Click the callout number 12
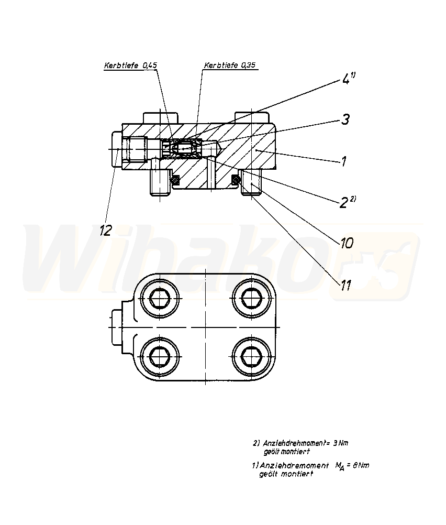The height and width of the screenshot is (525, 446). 106,231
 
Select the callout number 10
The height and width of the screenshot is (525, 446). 347,243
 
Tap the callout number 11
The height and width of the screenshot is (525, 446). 346,285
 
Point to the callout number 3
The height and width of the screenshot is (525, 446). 345,119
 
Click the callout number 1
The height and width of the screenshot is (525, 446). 343,161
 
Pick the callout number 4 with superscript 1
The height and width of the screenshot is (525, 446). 348,79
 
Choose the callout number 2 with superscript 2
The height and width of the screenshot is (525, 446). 348,202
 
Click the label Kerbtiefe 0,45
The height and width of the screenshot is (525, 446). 130,65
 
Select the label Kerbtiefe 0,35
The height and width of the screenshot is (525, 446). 230,65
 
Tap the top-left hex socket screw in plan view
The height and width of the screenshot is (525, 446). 160,298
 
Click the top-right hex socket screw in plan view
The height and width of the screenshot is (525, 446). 251,298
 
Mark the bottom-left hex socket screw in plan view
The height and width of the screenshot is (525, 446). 160,356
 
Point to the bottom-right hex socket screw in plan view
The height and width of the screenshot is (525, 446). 251,356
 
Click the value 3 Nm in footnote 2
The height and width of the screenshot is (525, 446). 340,443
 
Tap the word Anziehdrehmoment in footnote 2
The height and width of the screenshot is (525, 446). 294,443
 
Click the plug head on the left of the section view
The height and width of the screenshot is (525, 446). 116,149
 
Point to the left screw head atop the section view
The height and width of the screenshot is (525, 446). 160,118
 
